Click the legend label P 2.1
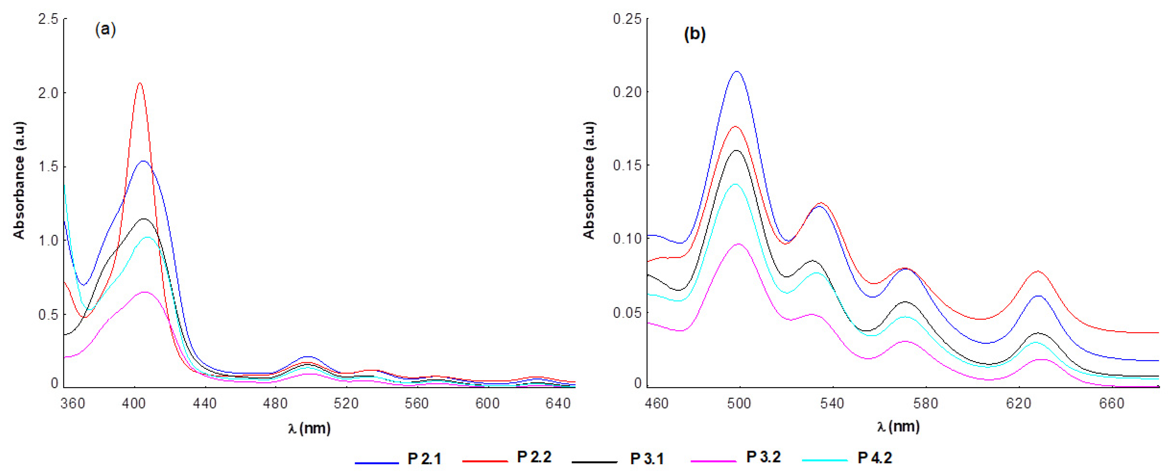pos(424,459)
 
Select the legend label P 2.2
pos(534,457)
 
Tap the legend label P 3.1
pos(647,459)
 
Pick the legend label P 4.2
pos(875,458)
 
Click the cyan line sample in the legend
pos(825,460)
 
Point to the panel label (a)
pos(105,30)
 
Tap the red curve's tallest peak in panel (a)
pos(140,83)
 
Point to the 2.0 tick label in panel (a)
pos(48,93)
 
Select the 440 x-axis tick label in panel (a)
pos(205,403)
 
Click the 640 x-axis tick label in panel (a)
pos(558,403)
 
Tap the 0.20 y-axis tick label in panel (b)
pos(628,92)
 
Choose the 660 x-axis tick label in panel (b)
pos(1112,403)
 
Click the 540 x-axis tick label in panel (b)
pos(832,403)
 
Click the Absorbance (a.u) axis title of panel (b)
pos(589,180)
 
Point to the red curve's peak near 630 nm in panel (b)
pos(1038,271)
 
